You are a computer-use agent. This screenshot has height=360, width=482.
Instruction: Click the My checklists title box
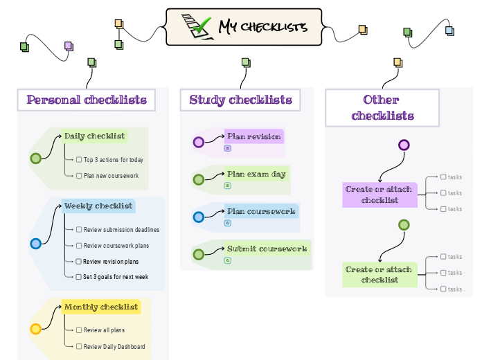(244, 27)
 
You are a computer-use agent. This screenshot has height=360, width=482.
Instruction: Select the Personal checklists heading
(87, 100)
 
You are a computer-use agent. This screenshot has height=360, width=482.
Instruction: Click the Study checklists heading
(240, 100)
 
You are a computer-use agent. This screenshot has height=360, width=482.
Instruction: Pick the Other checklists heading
(382, 107)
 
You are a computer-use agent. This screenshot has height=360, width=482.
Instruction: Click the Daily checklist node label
(95, 136)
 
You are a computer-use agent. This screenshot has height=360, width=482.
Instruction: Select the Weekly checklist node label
(98, 206)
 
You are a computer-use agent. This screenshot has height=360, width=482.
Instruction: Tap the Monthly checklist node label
(100, 307)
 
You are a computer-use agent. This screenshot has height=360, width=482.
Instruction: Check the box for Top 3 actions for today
(79, 160)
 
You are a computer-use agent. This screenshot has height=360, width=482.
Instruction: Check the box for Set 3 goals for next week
(79, 277)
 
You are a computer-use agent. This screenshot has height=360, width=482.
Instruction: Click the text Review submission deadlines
(121, 230)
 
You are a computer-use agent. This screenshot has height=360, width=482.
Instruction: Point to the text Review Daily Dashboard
(114, 347)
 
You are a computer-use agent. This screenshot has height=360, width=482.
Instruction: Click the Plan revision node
(253, 136)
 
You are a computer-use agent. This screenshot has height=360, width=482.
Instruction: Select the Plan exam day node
(256, 174)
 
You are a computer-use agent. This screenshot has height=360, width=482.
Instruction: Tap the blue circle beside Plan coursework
(199, 217)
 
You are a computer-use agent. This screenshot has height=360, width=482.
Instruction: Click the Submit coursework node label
(267, 249)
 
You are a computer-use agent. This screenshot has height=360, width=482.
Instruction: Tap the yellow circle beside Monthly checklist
(36, 329)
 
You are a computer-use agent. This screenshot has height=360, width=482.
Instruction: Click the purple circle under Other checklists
(404, 145)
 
